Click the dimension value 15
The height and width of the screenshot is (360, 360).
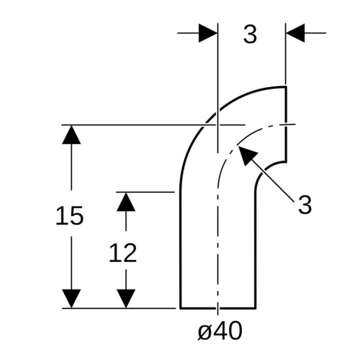pos(70,215)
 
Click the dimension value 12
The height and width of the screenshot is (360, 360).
pos(123,253)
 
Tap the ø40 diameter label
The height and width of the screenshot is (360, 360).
pos(220,330)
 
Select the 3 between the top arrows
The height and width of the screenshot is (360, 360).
pos(250,34)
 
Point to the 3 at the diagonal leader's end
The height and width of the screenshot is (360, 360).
pos(305,204)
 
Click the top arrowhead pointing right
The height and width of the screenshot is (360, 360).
pos(208,33)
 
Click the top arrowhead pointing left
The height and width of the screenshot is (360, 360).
pos(295,33)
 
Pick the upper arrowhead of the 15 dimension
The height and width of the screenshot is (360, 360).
pos(71,135)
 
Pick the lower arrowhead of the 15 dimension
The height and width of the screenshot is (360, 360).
pos(71,298)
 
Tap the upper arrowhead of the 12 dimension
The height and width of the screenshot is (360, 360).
pos(126,202)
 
